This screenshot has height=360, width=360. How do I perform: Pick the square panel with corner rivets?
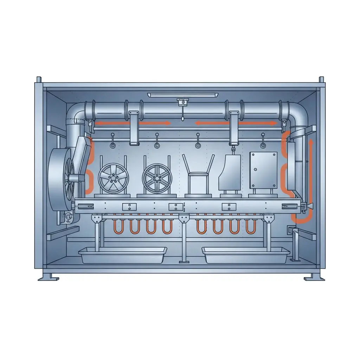click(263, 171)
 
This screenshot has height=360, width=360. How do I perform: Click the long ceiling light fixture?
click(182, 95)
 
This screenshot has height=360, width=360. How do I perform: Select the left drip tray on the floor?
click(123, 255)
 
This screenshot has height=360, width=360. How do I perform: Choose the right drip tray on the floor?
click(246, 255)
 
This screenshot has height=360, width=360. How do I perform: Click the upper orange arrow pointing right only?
click(134, 123)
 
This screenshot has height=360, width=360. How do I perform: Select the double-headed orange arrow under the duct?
click(236, 123)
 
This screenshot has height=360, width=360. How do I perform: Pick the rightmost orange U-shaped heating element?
click(250, 227)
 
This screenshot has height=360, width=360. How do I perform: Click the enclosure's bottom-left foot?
click(49, 277)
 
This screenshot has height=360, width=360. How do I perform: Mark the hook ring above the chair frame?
click(198, 145)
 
